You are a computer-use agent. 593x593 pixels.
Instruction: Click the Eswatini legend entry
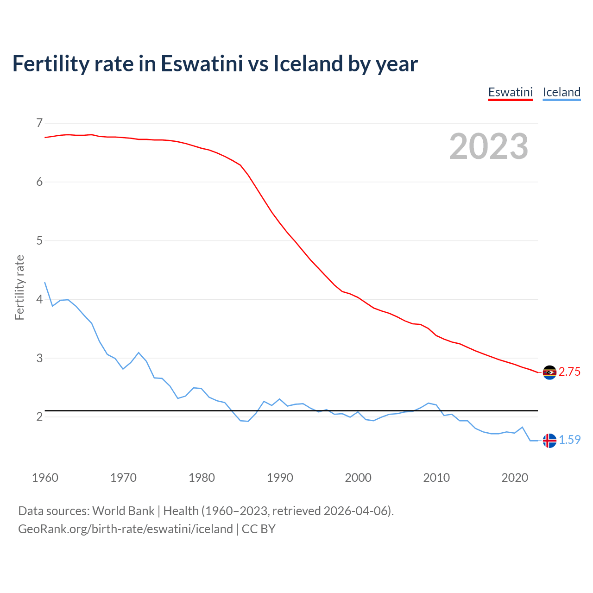(x=510, y=92)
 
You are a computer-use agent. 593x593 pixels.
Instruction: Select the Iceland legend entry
(x=561, y=92)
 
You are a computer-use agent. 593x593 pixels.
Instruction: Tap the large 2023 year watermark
(x=489, y=146)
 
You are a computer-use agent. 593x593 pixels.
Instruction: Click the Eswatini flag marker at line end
(x=549, y=372)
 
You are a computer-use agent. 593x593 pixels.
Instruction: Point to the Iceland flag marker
(x=549, y=441)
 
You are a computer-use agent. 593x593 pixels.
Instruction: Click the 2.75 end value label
(x=569, y=372)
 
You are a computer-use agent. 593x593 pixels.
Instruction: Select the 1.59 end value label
(x=569, y=440)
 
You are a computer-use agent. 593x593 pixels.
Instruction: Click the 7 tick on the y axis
(x=39, y=123)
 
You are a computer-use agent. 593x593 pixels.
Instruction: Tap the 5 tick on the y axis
(x=39, y=240)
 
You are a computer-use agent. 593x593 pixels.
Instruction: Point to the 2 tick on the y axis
(x=39, y=416)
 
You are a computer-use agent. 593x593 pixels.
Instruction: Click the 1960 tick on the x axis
(x=45, y=478)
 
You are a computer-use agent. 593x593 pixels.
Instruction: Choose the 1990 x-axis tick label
(x=280, y=478)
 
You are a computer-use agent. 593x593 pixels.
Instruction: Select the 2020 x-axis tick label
(x=515, y=478)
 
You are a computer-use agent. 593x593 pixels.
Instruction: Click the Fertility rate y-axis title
(x=19, y=287)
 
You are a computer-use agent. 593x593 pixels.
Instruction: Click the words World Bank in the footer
(x=123, y=511)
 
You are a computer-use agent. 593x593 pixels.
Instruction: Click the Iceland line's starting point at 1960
(x=45, y=283)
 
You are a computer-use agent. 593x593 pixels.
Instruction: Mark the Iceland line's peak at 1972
(x=139, y=353)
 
